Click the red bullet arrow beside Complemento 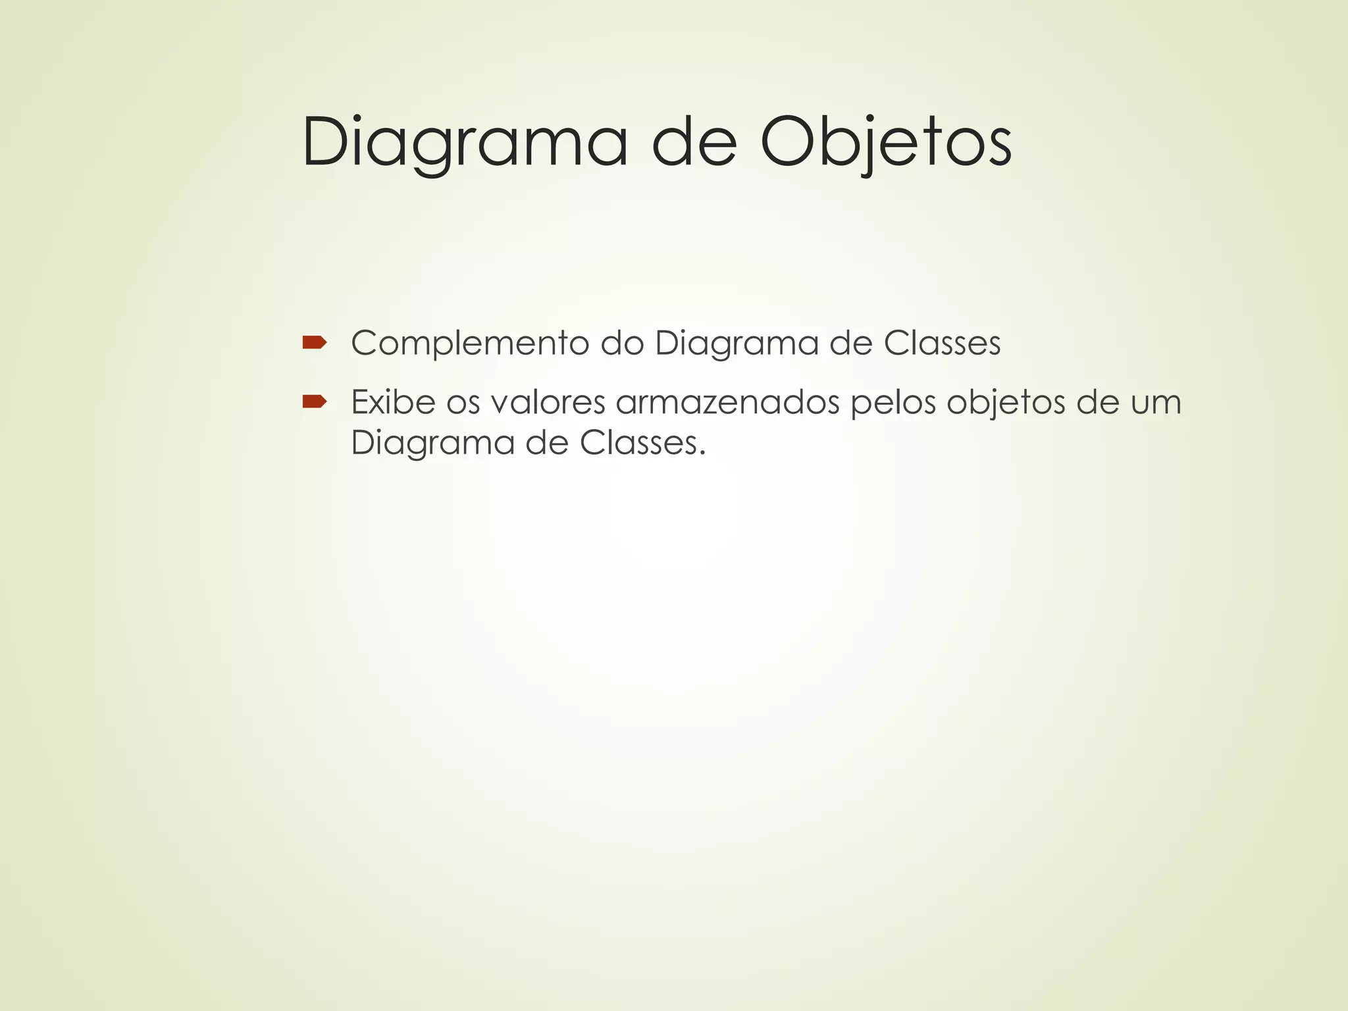[x=315, y=342]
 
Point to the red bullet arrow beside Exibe [x=315, y=402]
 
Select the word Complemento [x=469, y=344]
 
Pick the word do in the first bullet [x=621, y=344]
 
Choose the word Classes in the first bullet [x=942, y=344]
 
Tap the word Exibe [x=393, y=402]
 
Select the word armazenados [x=727, y=402]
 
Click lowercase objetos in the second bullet [x=1005, y=403]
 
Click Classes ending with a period [x=642, y=443]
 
